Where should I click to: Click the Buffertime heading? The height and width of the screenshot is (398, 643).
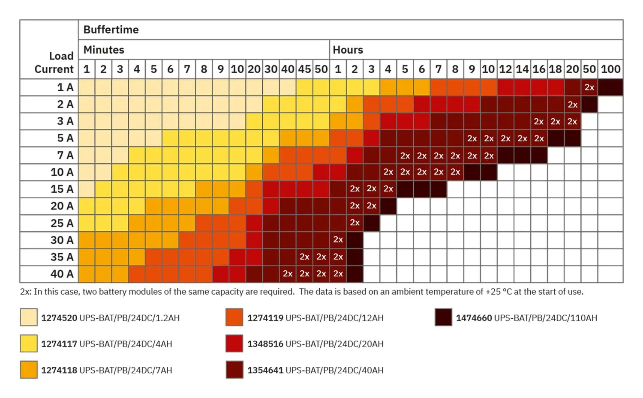[x=111, y=30]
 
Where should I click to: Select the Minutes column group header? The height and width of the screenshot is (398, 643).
[x=104, y=50]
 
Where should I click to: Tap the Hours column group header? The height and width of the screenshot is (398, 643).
[x=348, y=50]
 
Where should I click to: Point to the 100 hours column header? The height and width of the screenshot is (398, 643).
[x=610, y=69]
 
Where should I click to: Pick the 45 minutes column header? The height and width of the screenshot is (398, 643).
[x=304, y=69]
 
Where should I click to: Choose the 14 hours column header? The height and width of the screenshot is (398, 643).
[x=522, y=69]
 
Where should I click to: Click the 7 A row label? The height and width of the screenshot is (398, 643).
[x=65, y=155]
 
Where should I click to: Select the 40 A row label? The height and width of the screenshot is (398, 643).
[x=62, y=274]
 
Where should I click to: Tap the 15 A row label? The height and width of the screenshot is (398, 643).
[x=62, y=189]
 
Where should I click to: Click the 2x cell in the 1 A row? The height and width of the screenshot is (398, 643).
[x=589, y=87]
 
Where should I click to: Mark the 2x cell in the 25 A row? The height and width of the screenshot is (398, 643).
[x=355, y=223]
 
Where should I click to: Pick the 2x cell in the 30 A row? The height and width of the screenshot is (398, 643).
[x=338, y=240]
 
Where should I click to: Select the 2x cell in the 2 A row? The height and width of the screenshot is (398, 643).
[x=573, y=105]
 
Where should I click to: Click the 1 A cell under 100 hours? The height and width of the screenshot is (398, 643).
[x=610, y=87]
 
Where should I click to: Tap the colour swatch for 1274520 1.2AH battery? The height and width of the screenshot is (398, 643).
[x=29, y=317]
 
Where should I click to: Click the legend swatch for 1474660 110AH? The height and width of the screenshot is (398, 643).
[x=443, y=317]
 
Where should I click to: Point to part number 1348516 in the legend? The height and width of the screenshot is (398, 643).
[x=265, y=344]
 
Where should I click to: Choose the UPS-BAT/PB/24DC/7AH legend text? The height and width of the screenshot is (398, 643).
[x=126, y=370]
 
